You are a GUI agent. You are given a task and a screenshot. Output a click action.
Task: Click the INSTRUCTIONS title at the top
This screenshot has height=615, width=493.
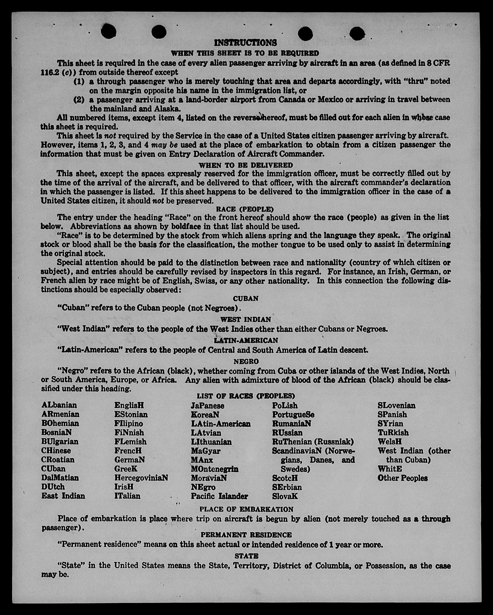pos(245,43)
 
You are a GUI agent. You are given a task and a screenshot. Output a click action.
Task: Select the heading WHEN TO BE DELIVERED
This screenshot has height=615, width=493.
pos(245,165)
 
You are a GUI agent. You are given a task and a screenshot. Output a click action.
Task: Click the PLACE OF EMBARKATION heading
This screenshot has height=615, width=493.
pos(246,509)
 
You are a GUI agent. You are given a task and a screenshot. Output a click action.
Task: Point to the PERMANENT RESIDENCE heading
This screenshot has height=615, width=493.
pos(246,535)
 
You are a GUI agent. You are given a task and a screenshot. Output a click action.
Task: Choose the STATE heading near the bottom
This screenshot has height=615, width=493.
pos(246,556)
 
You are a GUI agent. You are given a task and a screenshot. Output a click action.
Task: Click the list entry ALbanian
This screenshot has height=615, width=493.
pos(59,405)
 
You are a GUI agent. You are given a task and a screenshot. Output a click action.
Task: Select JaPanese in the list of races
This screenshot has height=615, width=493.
pos(208,405)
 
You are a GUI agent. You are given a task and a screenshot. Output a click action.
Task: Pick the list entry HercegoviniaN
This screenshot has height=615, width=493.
pos(141,478)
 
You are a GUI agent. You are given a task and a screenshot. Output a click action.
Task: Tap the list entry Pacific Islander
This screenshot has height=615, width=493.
pos(219,496)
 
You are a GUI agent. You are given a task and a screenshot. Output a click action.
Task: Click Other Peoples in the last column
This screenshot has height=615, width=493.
pos(402,478)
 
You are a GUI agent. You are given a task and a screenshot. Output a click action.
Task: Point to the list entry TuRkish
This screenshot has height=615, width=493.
pos(393,433)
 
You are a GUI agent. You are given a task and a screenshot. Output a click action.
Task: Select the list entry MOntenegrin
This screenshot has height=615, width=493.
pos(215,469)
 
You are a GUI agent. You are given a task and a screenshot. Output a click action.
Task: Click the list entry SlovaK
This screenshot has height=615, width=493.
pos(285,496)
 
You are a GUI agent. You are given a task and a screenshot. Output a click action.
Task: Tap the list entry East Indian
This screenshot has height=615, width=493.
pos(63,496)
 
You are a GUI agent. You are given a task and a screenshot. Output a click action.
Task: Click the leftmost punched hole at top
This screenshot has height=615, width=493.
pos(109,31)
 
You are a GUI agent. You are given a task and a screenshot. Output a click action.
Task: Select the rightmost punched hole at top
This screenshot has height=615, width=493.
pos(357,33)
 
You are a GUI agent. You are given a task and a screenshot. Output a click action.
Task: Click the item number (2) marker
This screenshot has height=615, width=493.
pos(79,100)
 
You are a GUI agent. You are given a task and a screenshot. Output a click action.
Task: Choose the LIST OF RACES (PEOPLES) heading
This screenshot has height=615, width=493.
pos(246,396)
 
